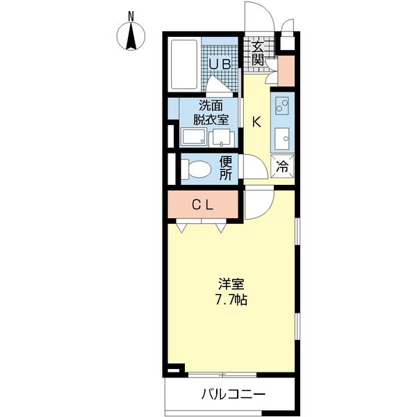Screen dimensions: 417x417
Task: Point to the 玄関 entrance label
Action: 257,54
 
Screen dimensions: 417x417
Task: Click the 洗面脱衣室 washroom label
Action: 213,113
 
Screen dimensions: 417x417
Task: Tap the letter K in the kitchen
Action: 256,122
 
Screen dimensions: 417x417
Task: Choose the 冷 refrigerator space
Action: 284,167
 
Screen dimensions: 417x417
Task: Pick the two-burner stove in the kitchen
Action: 283,107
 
